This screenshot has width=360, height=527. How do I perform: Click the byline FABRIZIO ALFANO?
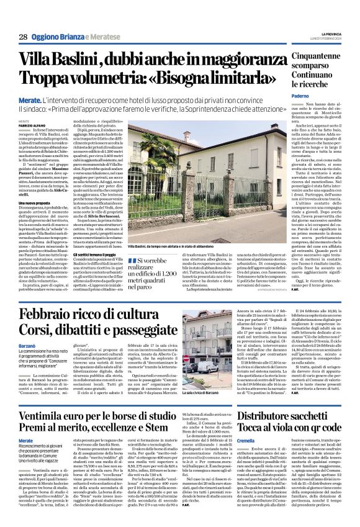pyautogui.click(x=32, y=124)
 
